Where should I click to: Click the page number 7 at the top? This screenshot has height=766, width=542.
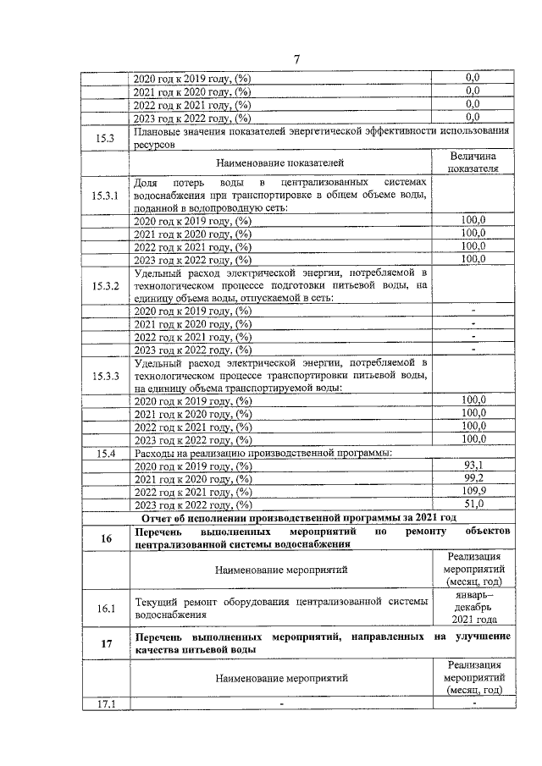tap(296, 58)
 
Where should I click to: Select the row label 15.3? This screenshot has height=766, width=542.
tap(107, 138)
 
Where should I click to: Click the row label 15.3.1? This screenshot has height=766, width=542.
tap(107, 196)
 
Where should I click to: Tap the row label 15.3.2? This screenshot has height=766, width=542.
tap(107, 285)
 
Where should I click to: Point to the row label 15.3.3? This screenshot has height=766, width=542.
tap(107, 375)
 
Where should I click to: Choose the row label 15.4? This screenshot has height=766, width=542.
tap(107, 454)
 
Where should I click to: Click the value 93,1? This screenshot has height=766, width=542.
tap(473, 466)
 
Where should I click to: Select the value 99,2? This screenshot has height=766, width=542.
tap(473, 478)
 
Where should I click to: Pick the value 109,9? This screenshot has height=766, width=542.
tap(473, 491)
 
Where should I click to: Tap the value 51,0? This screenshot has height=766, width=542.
tap(473, 504)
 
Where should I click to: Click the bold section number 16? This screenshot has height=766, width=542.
tap(107, 536)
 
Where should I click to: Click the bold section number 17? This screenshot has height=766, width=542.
tap(107, 643)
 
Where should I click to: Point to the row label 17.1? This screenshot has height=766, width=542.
tap(107, 702)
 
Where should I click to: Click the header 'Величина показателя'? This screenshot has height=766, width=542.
tap(473, 161)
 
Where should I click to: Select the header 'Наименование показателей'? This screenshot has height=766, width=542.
tap(280, 161)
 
